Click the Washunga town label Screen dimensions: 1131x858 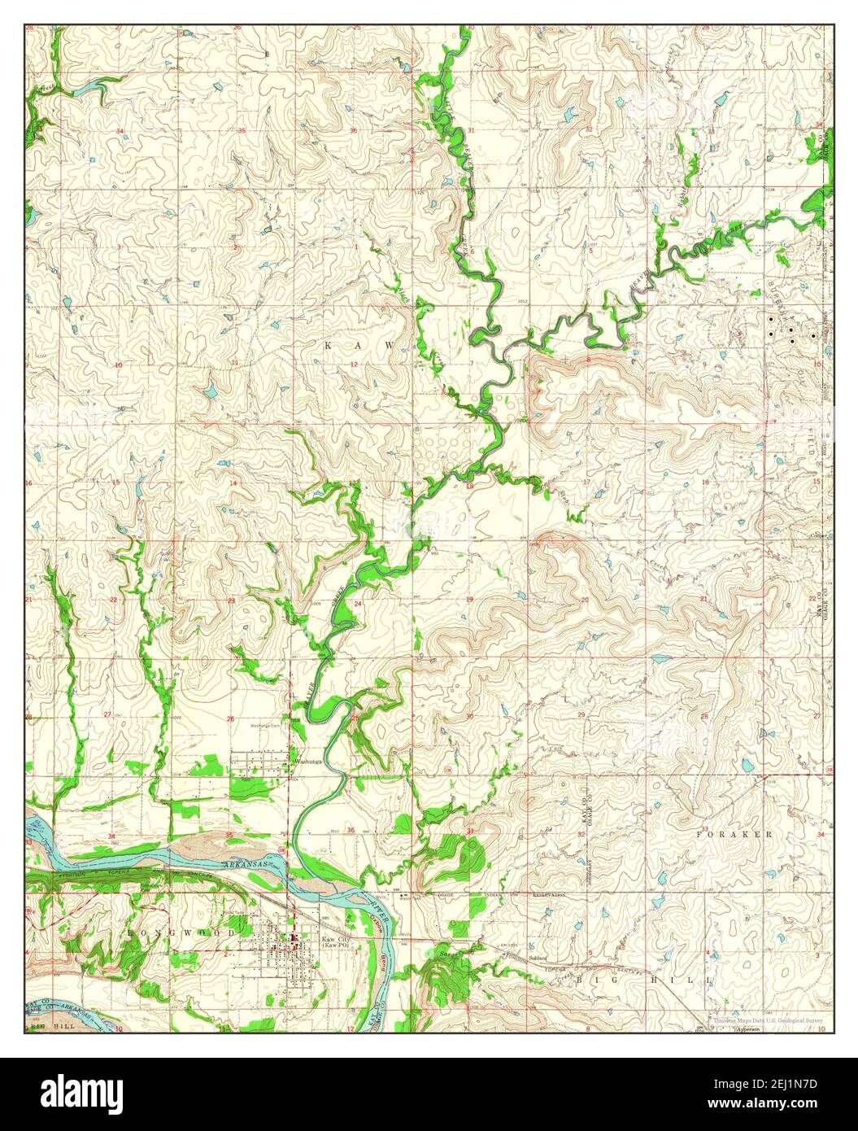coord(309,762)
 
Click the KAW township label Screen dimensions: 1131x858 coord(359,346)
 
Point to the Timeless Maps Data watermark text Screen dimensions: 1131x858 coord(768,1020)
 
